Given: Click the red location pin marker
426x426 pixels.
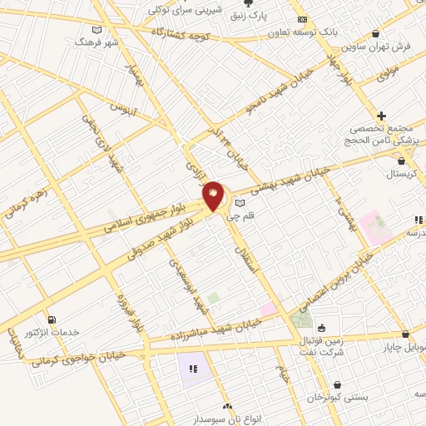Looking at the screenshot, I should pos(214,196).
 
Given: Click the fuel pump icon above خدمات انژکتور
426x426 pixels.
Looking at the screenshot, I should pos(52,319).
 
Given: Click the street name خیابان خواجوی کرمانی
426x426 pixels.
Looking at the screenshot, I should pos(80,359).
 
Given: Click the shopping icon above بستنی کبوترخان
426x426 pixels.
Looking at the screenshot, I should pos(337,384).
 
